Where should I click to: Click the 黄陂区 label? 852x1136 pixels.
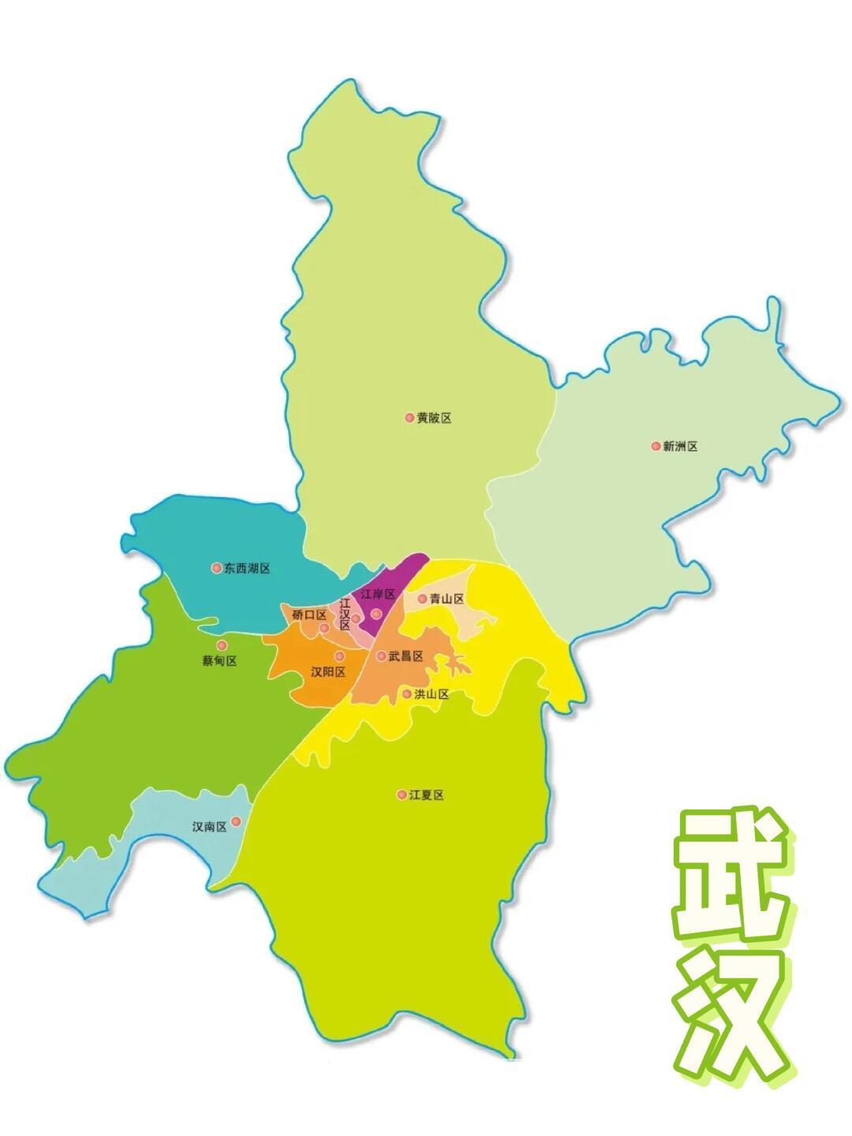tap(434, 418)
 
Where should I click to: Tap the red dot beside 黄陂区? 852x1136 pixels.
tap(409, 417)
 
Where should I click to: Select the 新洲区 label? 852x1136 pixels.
tap(680, 447)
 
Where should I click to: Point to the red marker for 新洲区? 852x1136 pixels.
tap(656, 447)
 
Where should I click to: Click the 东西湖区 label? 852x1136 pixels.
tap(246, 568)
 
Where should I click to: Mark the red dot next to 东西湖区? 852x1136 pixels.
tap(216, 568)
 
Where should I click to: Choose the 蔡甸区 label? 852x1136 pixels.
tap(219, 661)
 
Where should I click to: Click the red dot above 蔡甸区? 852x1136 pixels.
tap(222, 645)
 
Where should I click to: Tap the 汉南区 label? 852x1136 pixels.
tap(209, 827)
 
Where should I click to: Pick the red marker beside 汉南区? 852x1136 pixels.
tap(236, 822)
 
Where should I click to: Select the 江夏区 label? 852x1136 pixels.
tap(426, 795)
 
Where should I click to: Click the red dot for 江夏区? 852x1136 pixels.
tap(402, 794)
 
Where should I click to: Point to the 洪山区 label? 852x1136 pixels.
tap(432, 694)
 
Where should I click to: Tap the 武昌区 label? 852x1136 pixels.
tap(406, 656)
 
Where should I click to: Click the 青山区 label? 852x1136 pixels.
tap(447, 599)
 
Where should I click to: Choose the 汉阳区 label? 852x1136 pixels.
tap(328, 672)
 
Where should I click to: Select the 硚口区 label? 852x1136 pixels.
tap(308, 615)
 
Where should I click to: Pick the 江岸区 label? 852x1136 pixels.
tap(377, 594)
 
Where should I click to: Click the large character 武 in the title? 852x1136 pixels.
tap(731, 874)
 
